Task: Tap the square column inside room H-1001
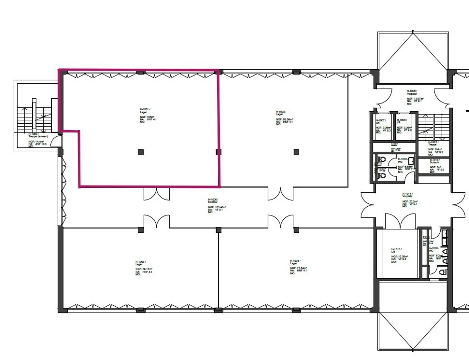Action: coord(141,152)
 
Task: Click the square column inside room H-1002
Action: coord(296,152)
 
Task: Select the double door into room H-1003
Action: coord(157,221)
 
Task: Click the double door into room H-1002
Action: coord(280,193)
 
